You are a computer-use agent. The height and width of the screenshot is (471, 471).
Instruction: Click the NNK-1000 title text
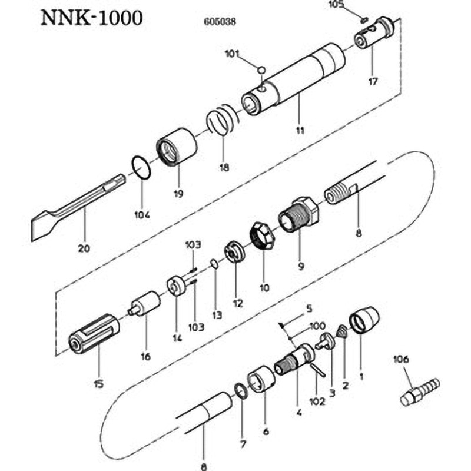[91, 18]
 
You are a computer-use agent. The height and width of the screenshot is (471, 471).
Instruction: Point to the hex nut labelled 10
[260, 235]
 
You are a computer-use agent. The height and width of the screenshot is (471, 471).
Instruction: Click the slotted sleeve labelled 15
[95, 333]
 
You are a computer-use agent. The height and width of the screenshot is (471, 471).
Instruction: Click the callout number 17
[372, 82]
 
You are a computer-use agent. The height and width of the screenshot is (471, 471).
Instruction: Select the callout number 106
[402, 359]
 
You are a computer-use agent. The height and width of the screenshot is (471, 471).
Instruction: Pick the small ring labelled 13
[215, 265]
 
